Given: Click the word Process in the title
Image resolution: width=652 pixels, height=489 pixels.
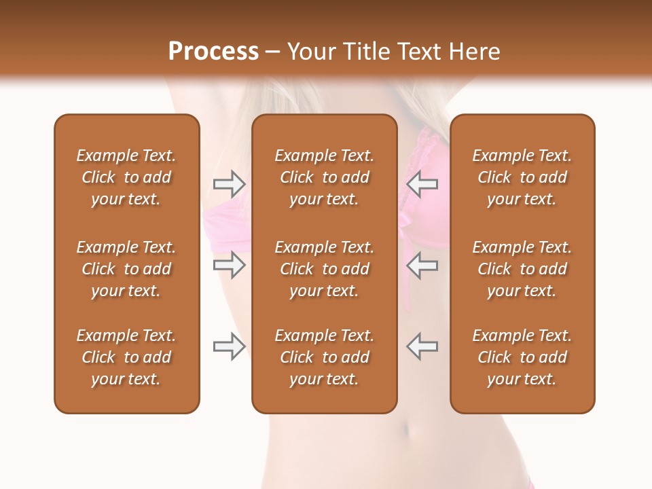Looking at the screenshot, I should point(213,52).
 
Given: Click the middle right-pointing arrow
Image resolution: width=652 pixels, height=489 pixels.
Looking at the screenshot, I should point(230,265).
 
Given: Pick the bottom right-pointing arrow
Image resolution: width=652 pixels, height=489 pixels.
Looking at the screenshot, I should point(230,346).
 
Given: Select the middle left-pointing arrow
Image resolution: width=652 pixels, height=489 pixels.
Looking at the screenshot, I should point(422,265).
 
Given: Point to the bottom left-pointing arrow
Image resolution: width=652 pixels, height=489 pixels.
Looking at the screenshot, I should point(422,346).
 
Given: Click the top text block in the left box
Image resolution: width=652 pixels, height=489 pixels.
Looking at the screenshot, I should point(126,177).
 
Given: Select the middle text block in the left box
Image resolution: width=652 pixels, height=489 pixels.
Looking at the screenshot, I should point(126,269).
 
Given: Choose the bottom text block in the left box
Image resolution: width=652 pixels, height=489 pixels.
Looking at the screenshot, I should point(126,357).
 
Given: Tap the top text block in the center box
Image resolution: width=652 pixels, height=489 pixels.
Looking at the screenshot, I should point(324,177).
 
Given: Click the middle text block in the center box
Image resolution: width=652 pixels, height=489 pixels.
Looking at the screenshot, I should point(324,269).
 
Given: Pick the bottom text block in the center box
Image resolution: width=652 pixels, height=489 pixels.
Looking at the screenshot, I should point(324,357).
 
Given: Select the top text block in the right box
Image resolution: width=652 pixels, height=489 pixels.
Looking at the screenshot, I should point(522,177).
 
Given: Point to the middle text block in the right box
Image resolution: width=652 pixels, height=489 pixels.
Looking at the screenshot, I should point(522,269).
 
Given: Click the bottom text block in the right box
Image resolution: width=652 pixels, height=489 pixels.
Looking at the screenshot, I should point(522,357).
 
